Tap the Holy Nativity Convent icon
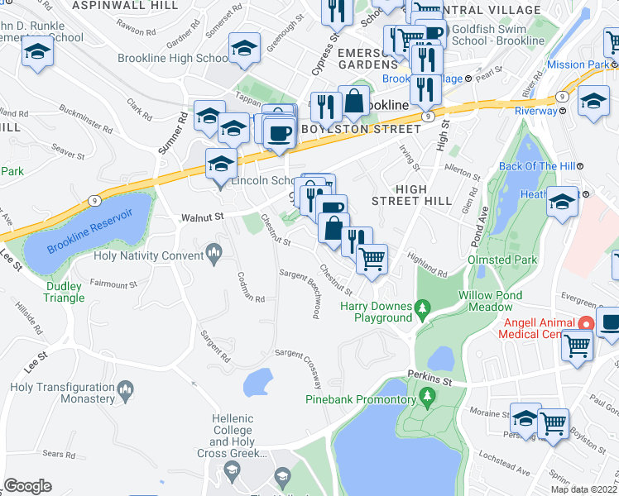(214, 250)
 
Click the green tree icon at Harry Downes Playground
(423, 309)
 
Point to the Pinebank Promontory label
(359, 399)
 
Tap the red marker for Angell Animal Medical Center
(587, 323)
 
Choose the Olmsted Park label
(501, 260)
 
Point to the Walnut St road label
(203, 217)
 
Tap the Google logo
(27, 485)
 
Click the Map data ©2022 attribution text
(583, 489)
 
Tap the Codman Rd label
(250, 287)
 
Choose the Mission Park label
(577, 64)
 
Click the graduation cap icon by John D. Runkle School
(36, 53)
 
